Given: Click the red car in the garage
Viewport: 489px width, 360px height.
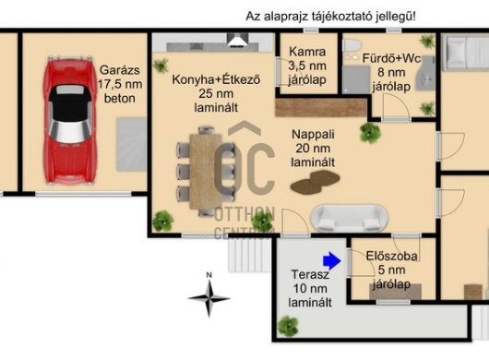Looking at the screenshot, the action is pyautogui.click(x=70, y=121).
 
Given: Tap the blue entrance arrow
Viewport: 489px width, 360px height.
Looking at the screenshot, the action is pyautogui.click(x=332, y=260).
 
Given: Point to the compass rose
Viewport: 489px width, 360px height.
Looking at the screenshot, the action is pyautogui.click(x=209, y=298).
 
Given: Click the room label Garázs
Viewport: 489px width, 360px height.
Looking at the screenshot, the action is pyautogui.click(x=119, y=70).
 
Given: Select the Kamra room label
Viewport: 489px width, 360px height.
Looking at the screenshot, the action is pyautogui.click(x=307, y=52).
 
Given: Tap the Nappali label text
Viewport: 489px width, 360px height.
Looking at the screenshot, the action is pyautogui.click(x=313, y=135).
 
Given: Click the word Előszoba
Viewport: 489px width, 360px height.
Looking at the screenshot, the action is pyautogui.click(x=391, y=256).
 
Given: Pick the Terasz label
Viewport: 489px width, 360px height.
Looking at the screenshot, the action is pyautogui.click(x=310, y=274).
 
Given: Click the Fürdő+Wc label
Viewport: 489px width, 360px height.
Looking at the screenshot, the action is pyautogui.click(x=391, y=58).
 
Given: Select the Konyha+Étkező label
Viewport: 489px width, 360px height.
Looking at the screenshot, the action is pyautogui.click(x=216, y=79).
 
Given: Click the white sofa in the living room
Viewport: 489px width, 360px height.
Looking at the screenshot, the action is pyautogui.click(x=350, y=218).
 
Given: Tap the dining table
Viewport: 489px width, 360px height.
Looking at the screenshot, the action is pyautogui.click(x=206, y=172).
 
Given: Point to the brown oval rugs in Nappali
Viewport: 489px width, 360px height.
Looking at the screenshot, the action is pyautogui.click(x=315, y=182).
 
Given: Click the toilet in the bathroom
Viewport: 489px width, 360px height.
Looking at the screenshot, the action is pyautogui.click(x=352, y=45).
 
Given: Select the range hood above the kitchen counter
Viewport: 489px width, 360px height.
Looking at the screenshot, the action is pyautogui.click(x=238, y=40).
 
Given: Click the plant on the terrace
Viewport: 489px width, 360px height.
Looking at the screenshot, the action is pyautogui.click(x=288, y=327).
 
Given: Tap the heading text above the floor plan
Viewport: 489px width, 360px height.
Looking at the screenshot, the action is pyautogui.click(x=330, y=17).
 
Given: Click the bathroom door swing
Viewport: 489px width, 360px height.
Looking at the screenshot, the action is pyautogui.click(x=395, y=107).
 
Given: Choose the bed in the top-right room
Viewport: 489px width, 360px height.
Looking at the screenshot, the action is pyautogui.click(x=467, y=52).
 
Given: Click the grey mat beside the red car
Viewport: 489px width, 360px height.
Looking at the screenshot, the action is pyautogui.click(x=132, y=144).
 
